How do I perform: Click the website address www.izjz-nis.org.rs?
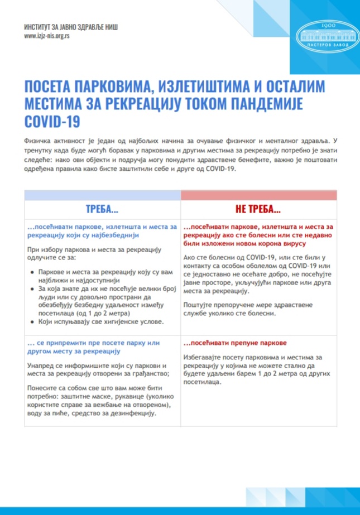click(47, 36)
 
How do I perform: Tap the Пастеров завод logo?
click(323, 35)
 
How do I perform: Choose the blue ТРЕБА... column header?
click(102, 209)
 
